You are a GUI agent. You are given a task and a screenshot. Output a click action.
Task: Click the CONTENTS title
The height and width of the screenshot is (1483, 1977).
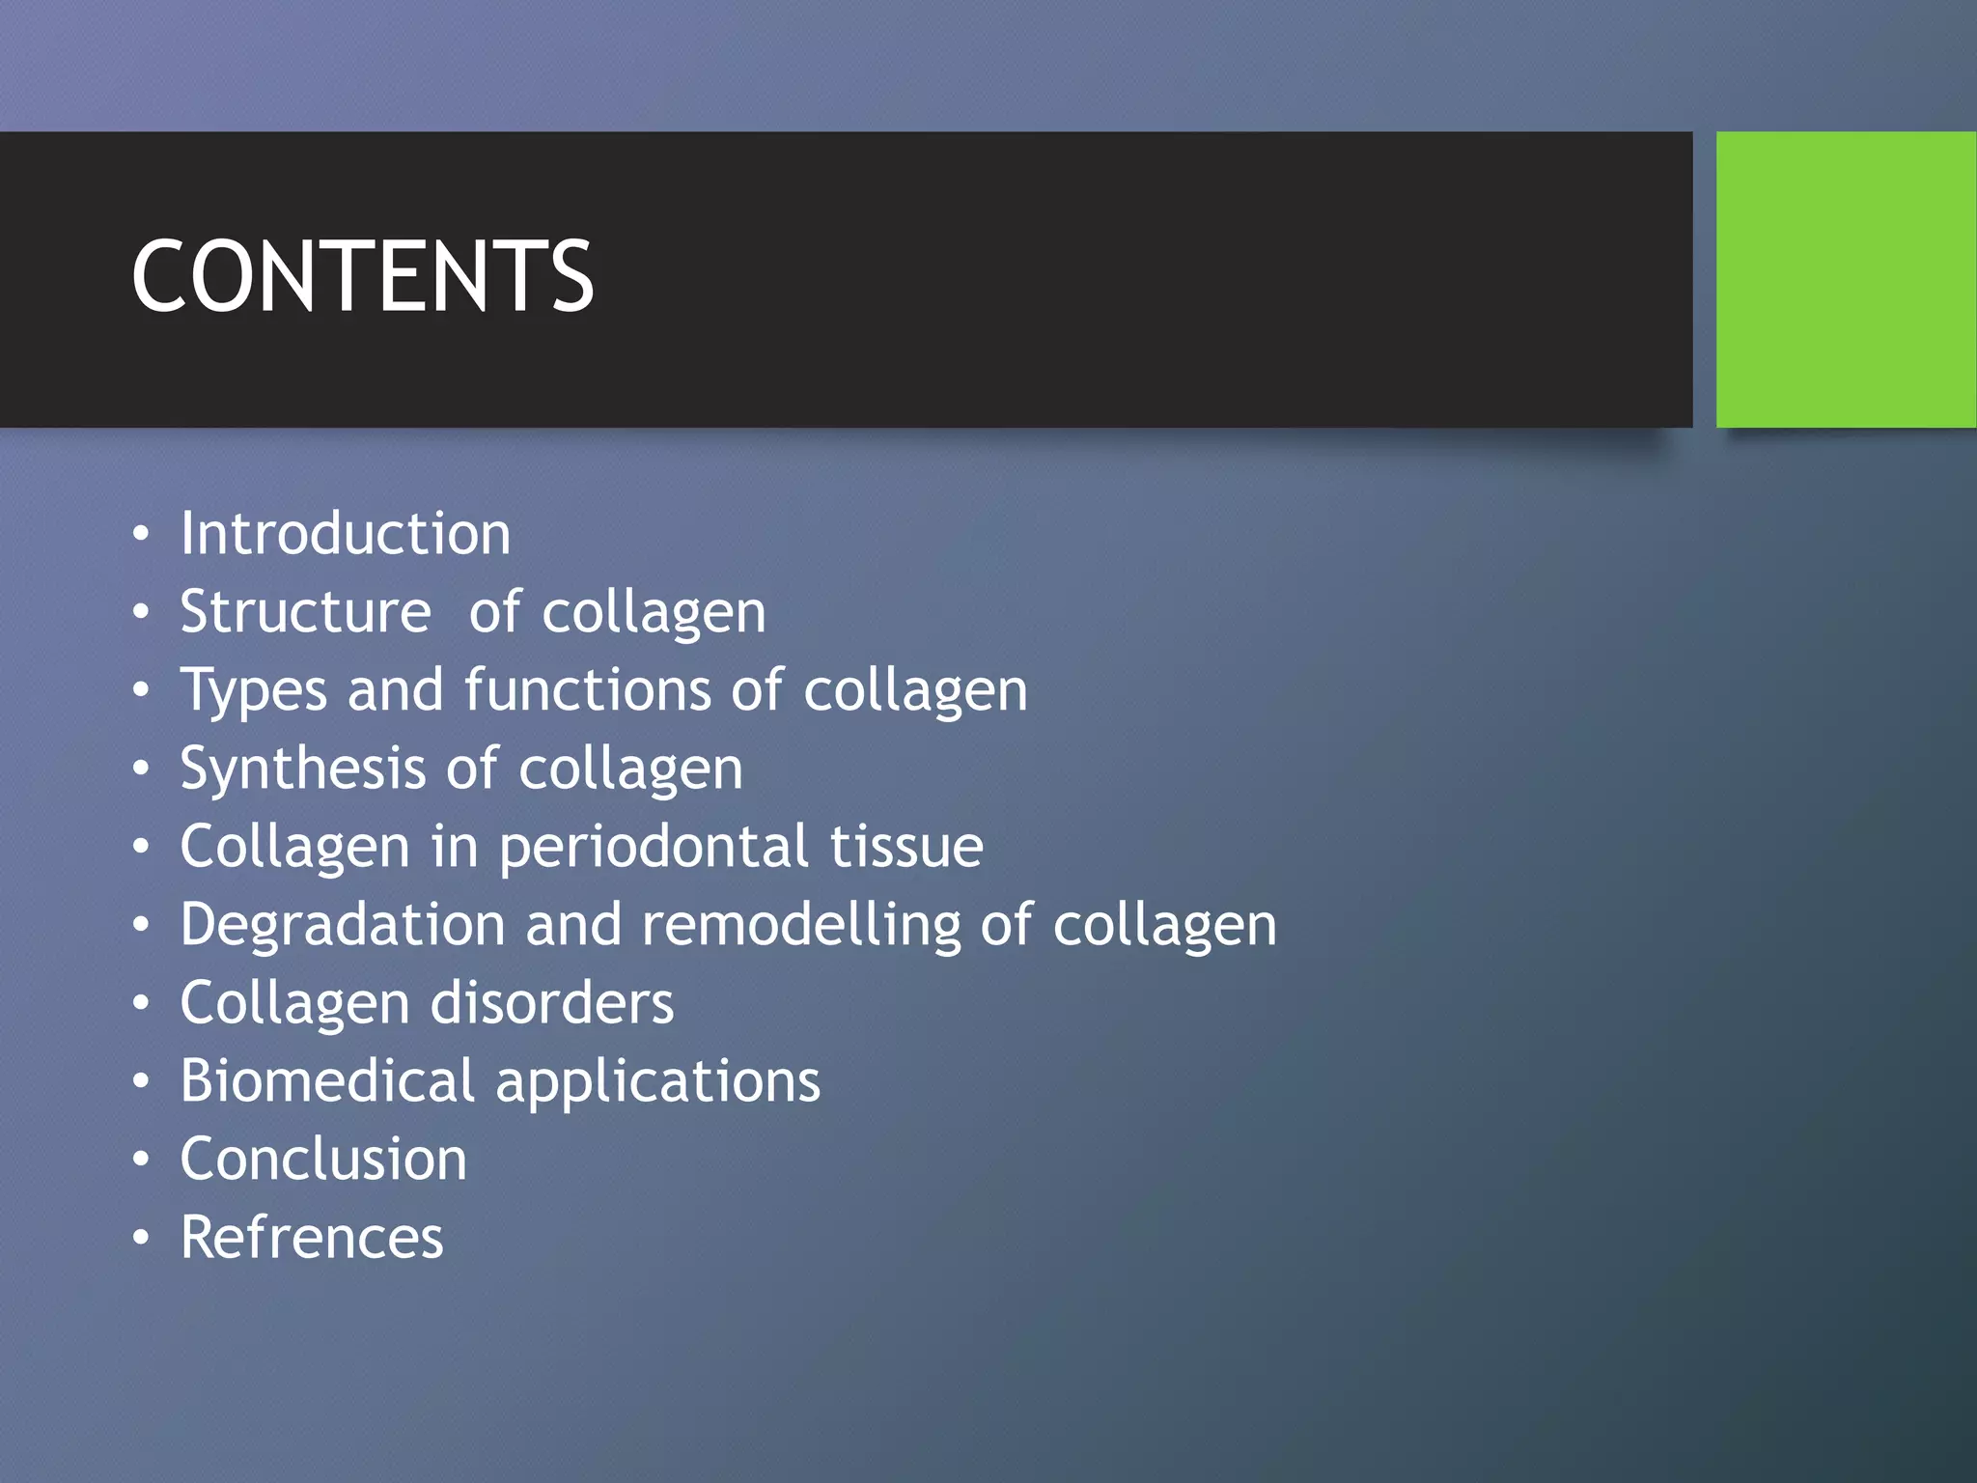(362, 277)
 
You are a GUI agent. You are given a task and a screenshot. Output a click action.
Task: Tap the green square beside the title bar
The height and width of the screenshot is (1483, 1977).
(1846, 279)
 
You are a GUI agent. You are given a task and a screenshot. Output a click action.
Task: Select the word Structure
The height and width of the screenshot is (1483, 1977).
(305, 612)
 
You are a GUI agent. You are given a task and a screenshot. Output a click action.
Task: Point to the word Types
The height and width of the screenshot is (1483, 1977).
(254, 691)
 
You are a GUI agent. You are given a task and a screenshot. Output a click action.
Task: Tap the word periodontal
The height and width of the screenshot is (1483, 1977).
(654, 848)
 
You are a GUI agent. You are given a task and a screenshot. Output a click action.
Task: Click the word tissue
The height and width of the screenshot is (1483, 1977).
(906, 846)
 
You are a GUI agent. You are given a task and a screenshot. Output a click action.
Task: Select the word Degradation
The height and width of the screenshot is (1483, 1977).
(343, 926)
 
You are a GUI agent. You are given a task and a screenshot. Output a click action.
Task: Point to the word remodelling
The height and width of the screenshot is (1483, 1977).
(801, 924)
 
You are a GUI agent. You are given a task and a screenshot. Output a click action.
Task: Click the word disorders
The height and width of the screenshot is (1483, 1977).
(551, 1002)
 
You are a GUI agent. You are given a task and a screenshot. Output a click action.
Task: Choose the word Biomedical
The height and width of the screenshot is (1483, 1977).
(327, 1079)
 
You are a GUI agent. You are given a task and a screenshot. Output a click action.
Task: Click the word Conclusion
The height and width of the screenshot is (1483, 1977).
(323, 1159)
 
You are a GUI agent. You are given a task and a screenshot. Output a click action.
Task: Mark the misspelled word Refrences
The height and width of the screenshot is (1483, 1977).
(312, 1237)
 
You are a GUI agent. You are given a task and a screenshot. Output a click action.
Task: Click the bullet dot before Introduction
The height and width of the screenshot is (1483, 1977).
(142, 534)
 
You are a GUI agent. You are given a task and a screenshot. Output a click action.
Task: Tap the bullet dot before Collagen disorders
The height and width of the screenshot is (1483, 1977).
(142, 1003)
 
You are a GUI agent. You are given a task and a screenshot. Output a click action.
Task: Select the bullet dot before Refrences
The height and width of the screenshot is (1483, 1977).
(142, 1238)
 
